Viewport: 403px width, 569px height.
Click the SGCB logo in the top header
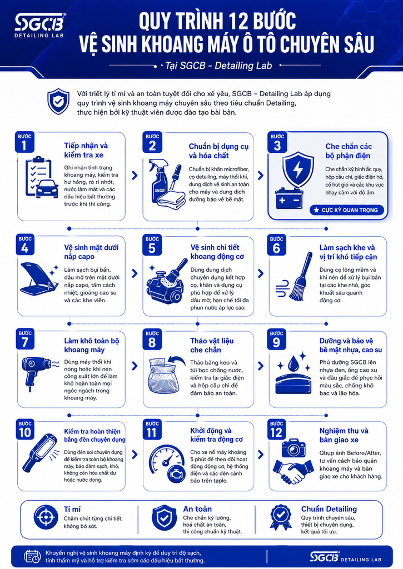pyautogui.click(x=39, y=26)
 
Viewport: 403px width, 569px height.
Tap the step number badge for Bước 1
pyautogui.click(x=24, y=142)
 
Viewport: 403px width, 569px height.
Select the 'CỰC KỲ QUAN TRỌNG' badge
pyautogui.click(x=346, y=210)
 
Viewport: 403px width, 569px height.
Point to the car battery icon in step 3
pyautogui.click(x=289, y=199)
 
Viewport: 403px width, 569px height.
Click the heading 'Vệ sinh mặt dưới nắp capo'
pyautogui.click(x=91, y=252)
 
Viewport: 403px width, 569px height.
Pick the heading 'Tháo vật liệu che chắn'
pyautogui.click(x=212, y=345)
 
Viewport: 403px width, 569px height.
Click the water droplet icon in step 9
pyautogui.click(x=293, y=363)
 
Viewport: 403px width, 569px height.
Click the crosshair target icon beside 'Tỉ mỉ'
pyautogui.click(x=46, y=517)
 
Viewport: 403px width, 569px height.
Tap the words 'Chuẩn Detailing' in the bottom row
pyautogui.click(x=329, y=509)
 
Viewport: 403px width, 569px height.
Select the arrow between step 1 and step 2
pyautogui.click(x=135, y=176)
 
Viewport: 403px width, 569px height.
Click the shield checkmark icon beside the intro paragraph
pyautogui.click(x=58, y=101)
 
